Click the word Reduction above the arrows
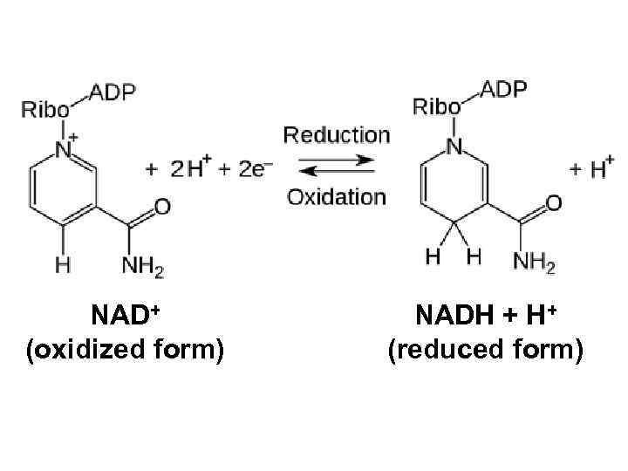point(337,135)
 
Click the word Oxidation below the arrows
point(337,196)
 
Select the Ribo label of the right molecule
point(436,107)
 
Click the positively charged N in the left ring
point(63,149)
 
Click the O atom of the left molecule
point(162,206)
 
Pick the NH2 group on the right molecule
point(534,261)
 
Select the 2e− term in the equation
point(245,169)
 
